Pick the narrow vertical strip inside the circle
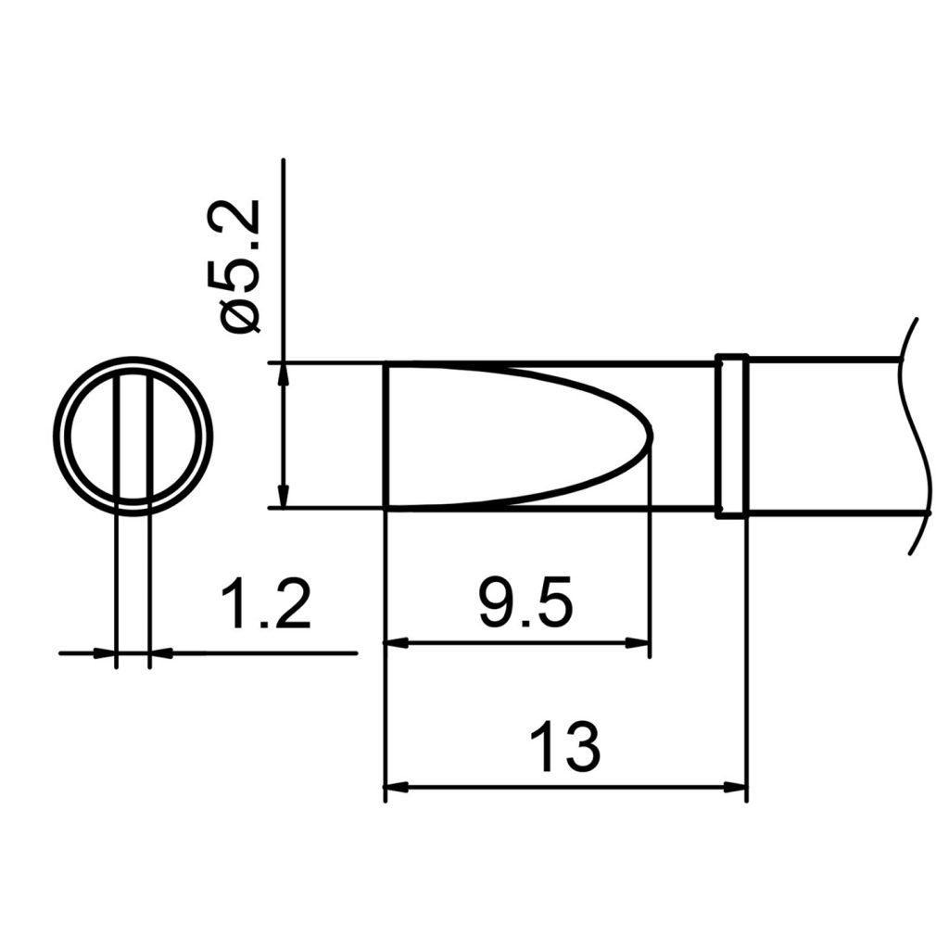point(132,436)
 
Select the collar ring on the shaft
point(731,436)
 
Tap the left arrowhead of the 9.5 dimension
point(395,642)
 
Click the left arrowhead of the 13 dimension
point(395,788)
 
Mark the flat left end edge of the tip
point(385,436)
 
